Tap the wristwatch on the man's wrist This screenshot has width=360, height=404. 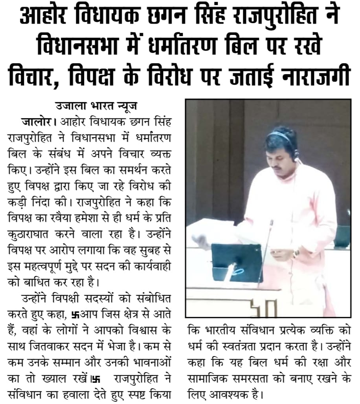295,253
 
